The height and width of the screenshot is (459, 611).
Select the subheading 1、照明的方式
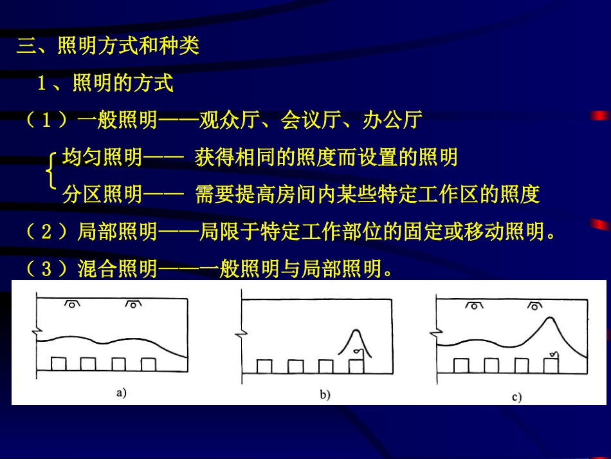pyautogui.click(x=105, y=83)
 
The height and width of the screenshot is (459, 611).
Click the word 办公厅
pyautogui.click(x=392, y=120)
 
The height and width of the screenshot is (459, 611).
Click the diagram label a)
pyautogui.click(x=121, y=392)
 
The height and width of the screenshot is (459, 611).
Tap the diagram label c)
pyautogui.click(x=516, y=397)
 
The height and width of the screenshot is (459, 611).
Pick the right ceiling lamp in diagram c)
pyautogui.click(x=534, y=306)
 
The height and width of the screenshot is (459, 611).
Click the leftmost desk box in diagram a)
pyautogui.click(x=58, y=364)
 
